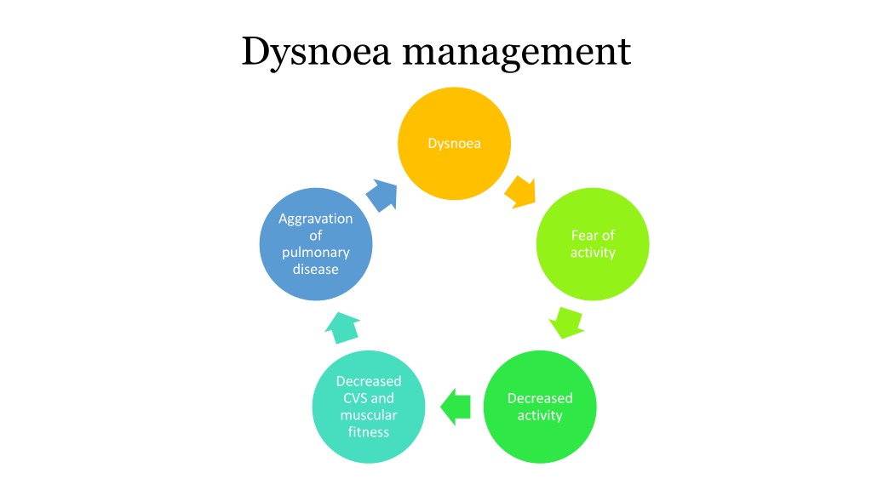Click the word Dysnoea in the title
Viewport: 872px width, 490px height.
click(x=316, y=52)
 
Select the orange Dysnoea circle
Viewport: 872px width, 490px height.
click(x=454, y=143)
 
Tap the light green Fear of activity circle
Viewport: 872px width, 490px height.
click(x=593, y=244)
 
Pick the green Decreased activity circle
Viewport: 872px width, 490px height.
click(x=539, y=407)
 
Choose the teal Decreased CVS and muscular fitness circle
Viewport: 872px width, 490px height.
click(x=368, y=407)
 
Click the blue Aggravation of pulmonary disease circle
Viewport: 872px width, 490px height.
click(x=315, y=244)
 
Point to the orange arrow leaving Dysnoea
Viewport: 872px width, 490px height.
click(x=520, y=192)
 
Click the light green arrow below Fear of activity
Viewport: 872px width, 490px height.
click(x=566, y=322)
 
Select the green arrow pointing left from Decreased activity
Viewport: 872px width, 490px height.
click(x=456, y=407)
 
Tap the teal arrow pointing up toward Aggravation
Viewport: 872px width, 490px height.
click(x=342, y=328)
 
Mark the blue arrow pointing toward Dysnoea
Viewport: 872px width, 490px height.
click(x=382, y=195)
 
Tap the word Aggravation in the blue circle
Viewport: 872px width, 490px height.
click(x=316, y=219)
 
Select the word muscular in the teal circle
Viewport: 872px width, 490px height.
click(x=369, y=415)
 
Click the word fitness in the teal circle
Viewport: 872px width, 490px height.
click(x=369, y=431)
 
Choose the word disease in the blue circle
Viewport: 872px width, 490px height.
click(x=316, y=270)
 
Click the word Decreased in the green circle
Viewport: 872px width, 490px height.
click(x=540, y=398)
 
